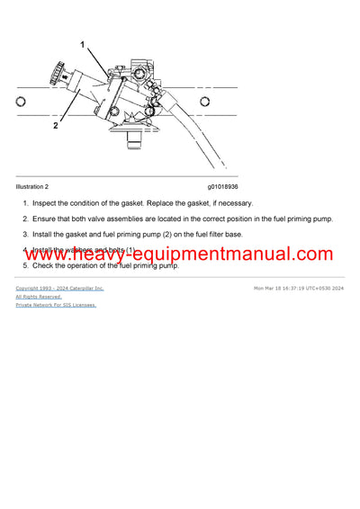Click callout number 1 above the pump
(83, 44)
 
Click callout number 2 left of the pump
(55, 126)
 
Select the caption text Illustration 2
(35, 187)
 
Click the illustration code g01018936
(223, 187)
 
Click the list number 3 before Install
(25, 235)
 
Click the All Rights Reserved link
(39, 296)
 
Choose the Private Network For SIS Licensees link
(56, 305)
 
